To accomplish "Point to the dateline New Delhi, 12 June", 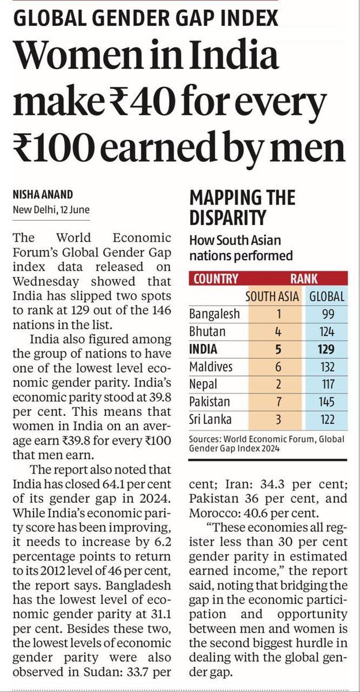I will click(x=51, y=209).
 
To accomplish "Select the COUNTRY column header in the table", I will click(x=216, y=279).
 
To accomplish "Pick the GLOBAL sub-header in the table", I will click(x=327, y=297).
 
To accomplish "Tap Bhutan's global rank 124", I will click(x=327, y=332).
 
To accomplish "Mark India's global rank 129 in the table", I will click(x=327, y=349).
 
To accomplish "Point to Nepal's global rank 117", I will click(x=327, y=384).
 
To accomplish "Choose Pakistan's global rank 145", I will click(x=327, y=401).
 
